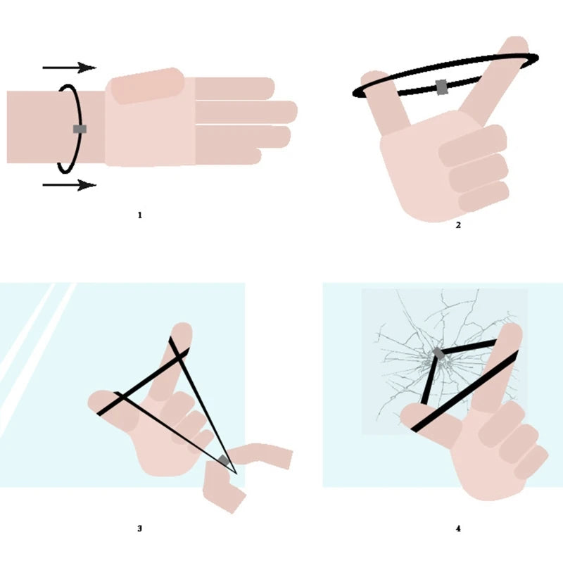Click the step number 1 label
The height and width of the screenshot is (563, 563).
tap(139, 215)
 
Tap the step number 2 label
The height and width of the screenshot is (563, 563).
tap(458, 225)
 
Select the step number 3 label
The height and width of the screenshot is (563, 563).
tap(139, 529)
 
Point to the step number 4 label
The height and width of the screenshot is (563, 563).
tap(458, 529)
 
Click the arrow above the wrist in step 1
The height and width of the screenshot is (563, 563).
tap(70, 67)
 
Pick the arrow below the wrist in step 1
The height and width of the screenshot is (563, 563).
tap(70, 185)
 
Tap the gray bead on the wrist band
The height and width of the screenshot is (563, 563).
tap(80, 129)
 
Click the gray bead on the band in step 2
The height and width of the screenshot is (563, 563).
tap(442, 87)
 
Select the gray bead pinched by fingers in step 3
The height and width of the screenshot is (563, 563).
tap(224, 460)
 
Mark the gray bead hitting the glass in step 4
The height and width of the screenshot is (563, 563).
tap(438, 353)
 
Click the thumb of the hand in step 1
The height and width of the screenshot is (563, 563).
tap(147, 86)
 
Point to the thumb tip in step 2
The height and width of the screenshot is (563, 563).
tap(374, 78)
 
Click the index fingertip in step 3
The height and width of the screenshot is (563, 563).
tap(182, 329)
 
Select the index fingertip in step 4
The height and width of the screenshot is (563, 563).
tap(512, 330)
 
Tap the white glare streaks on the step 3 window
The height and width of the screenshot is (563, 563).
tap(36, 355)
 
